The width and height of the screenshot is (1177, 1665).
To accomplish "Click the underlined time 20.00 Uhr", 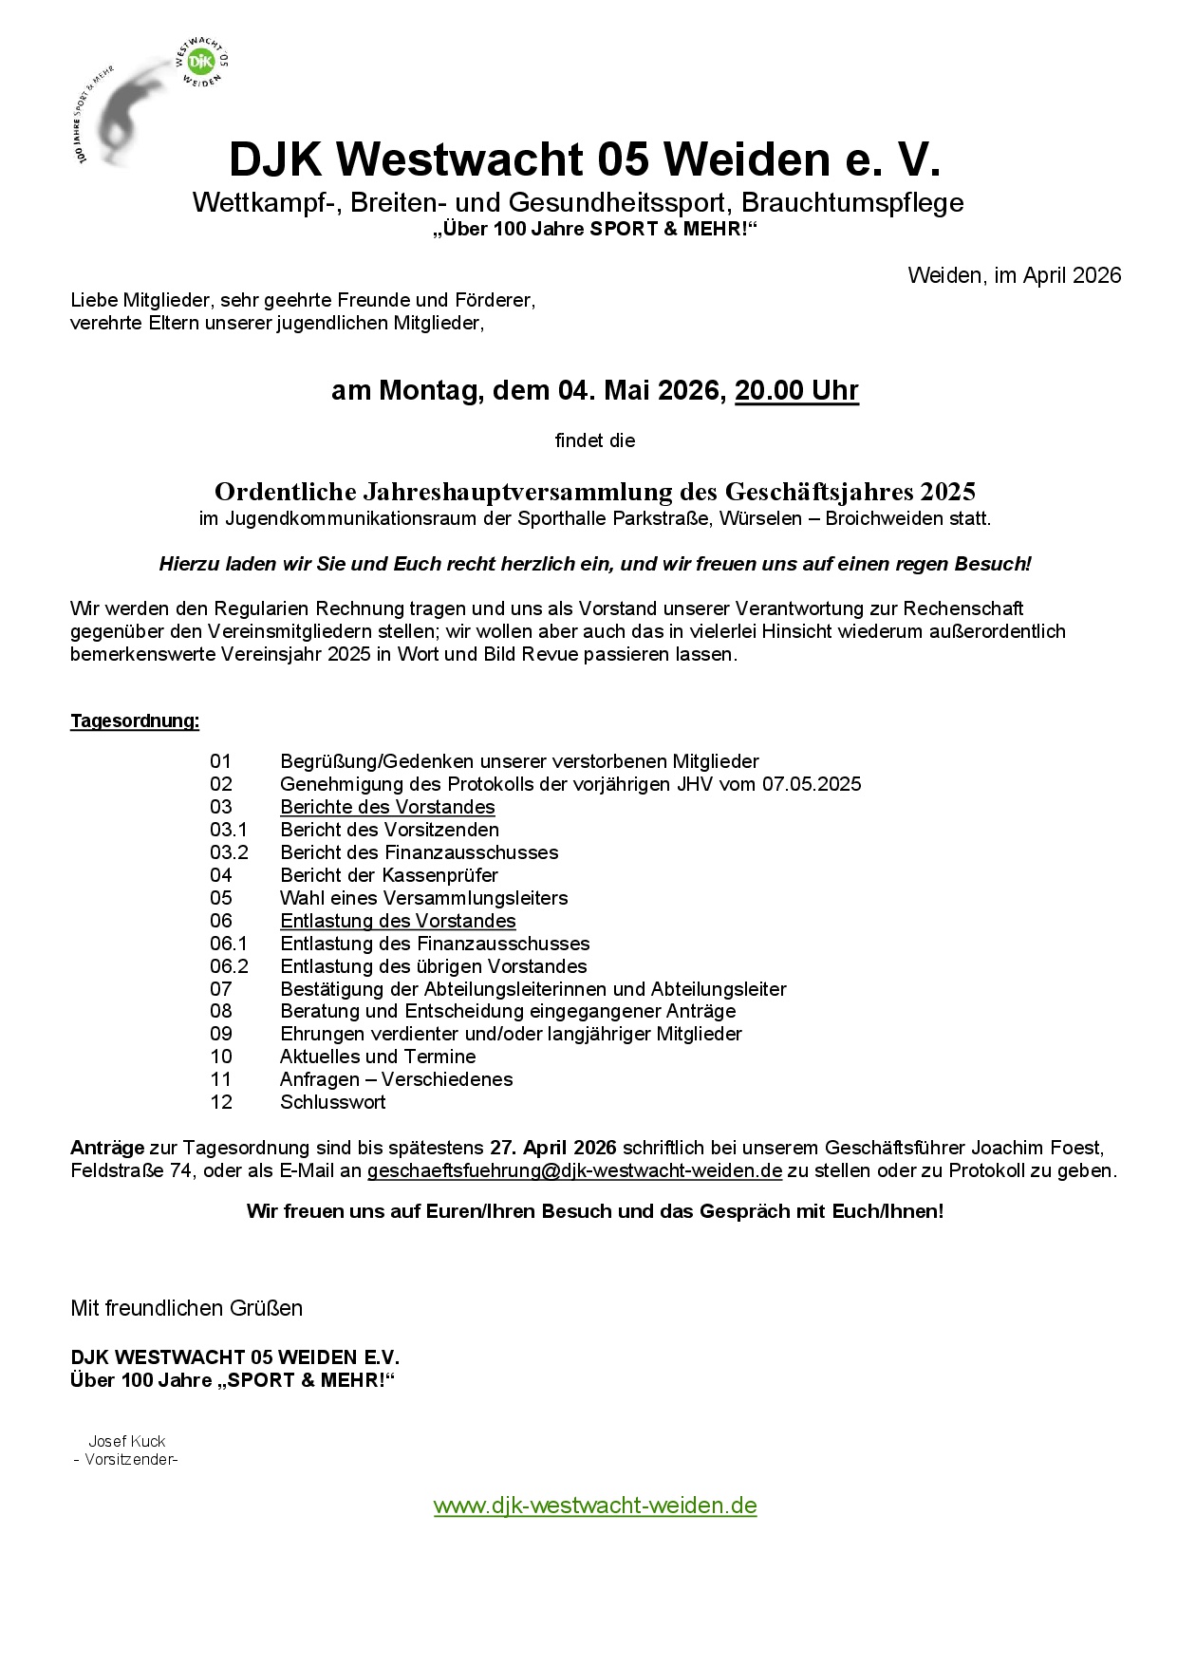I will [x=796, y=391].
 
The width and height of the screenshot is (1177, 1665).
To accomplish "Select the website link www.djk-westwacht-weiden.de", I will [x=595, y=1506].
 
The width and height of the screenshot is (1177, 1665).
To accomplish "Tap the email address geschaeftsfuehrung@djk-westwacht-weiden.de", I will [x=574, y=1171].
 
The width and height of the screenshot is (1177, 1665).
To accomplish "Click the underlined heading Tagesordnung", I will [x=135, y=721].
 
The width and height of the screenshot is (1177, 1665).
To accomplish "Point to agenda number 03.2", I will [x=229, y=852].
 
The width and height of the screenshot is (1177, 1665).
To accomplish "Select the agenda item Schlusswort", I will [x=332, y=1103].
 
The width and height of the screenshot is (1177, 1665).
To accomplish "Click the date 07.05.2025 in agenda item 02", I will [x=812, y=784].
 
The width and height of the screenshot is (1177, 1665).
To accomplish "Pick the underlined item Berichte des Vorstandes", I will [x=387, y=807].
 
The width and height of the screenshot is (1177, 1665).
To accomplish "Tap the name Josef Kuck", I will [x=127, y=1442].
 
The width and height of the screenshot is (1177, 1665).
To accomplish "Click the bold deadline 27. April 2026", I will [x=552, y=1149].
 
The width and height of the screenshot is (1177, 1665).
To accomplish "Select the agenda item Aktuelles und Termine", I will [x=378, y=1057].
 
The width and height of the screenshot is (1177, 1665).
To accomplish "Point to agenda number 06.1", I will [x=229, y=944].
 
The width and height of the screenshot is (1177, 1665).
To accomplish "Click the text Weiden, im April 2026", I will [x=1014, y=276].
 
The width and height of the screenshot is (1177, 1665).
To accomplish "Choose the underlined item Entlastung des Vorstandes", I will [x=398, y=921].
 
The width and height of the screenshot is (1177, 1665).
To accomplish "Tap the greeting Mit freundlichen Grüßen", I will [x=186, y=1309].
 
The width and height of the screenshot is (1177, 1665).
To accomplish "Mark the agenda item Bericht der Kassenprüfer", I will [x=388, y=875].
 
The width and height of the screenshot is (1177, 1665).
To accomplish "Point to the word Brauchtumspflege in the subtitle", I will [x=852, y=203].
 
